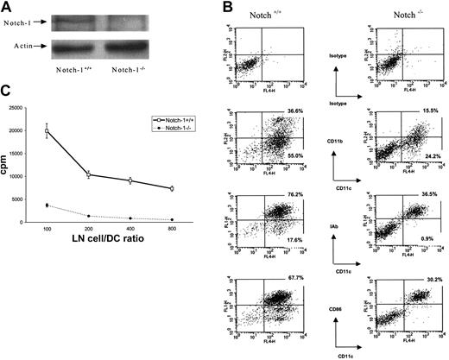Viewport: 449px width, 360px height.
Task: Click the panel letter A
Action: (9, 9)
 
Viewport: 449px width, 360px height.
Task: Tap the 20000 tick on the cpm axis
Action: (37, 130)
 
